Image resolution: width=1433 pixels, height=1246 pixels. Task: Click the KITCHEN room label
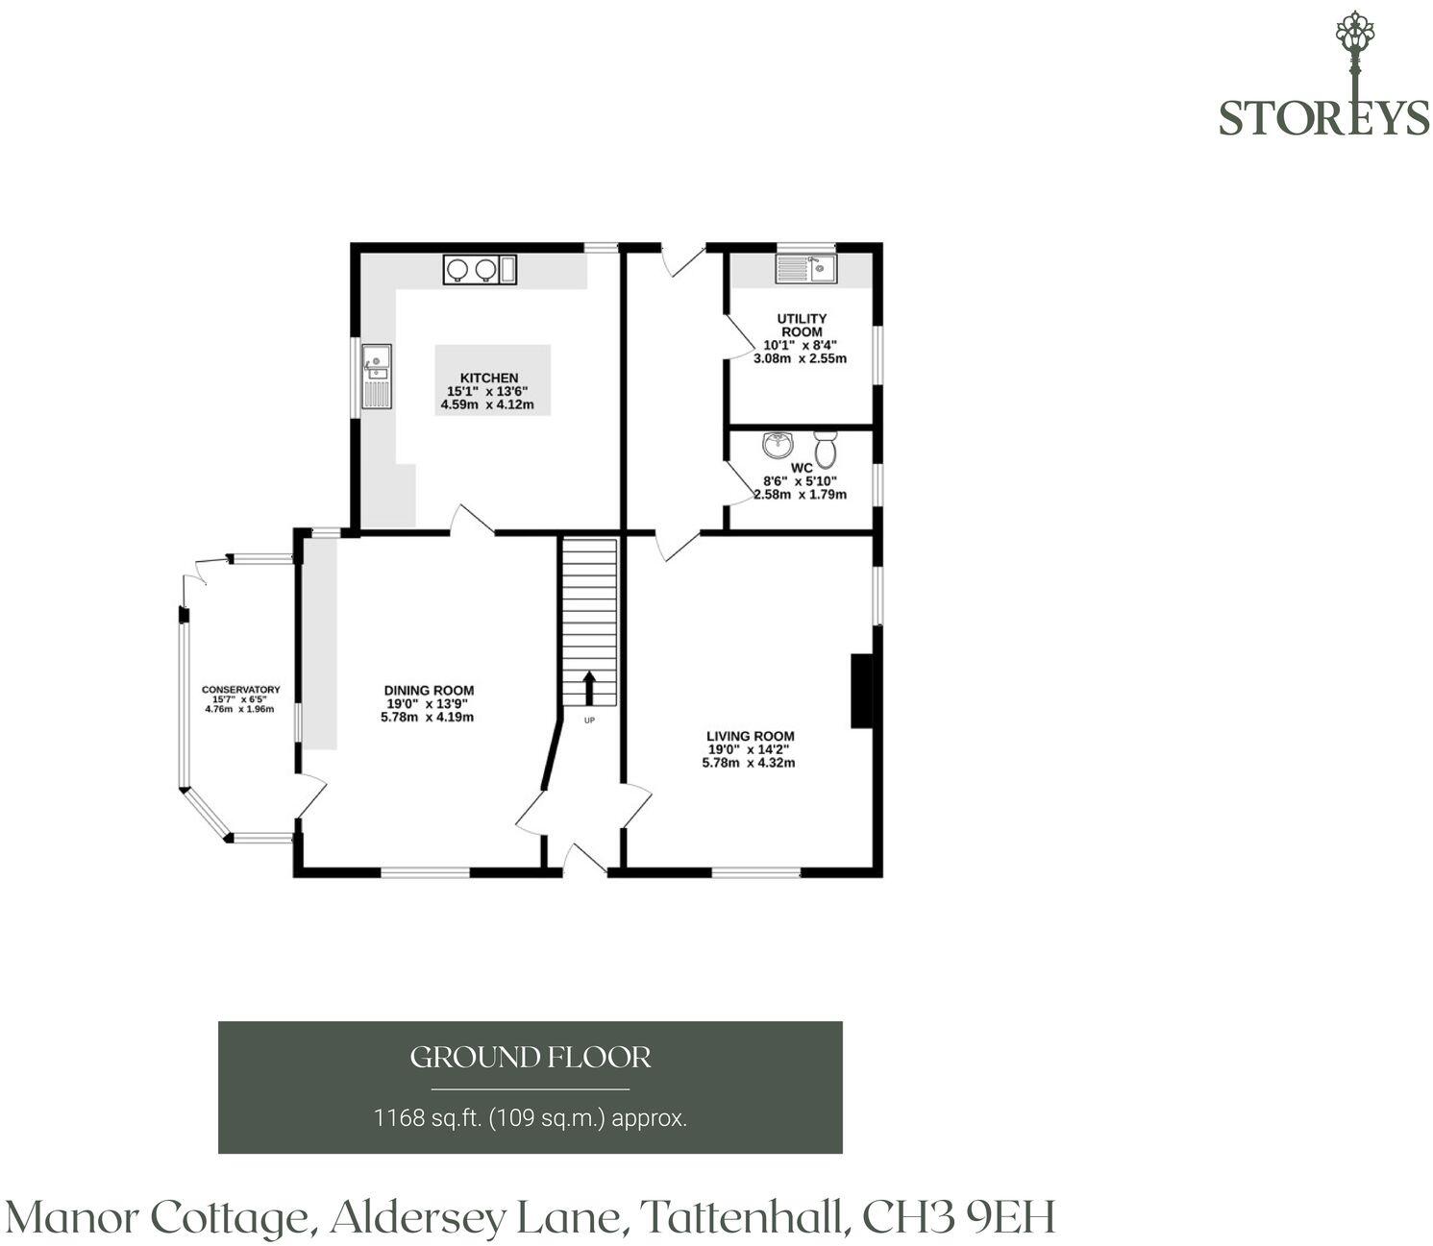click(x=489, y=378)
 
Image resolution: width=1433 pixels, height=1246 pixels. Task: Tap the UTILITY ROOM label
click(x=802, y=325)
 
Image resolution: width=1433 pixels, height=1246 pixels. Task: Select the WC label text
click(x=802, y=468)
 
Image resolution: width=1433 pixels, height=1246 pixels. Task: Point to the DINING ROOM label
click(x=429, y=690)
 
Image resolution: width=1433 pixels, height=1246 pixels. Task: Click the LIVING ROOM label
click(x=750, y=736)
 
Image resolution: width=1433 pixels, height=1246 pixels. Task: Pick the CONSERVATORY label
click(x=240, y=690)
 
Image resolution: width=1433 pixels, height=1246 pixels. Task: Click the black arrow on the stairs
click(x=589, y=688)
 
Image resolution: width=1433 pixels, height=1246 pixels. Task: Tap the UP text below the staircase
click(x=589, y=720)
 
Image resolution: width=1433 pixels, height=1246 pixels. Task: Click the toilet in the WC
click(x=826, y=449)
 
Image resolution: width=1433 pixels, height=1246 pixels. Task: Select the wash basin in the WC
click(x=778, y=445)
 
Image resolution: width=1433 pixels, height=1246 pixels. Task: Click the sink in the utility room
click(x=805, y=269)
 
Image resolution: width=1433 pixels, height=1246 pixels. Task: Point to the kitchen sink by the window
click(x=377, y=377)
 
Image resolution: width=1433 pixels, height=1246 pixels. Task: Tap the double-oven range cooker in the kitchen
click(x=480, y=270)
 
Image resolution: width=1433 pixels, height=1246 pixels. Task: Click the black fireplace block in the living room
click(x=861, y=691)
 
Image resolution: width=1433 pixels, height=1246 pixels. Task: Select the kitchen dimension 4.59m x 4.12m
click(x=487, y=404)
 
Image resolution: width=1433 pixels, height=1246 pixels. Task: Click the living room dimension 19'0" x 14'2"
click(x=749, y=749)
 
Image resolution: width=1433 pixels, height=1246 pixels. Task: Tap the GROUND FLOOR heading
click(x=531, y=1057)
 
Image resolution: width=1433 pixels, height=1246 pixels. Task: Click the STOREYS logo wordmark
click(x=1323, y=117)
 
